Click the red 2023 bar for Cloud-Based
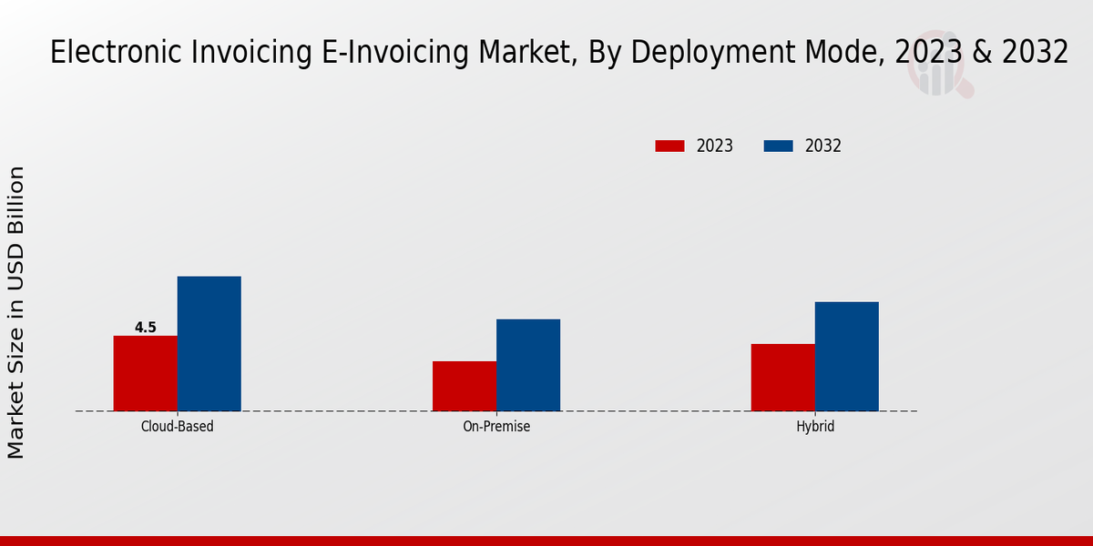pyautogui.click(x=145, y=373)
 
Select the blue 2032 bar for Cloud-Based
pyautogui.click(x=209, y=343)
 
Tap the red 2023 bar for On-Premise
pyautogui.click(x=465, y=386)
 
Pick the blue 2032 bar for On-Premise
pyautogui.click(x=528, y=365)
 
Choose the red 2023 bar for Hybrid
pyautogui.click(x=782, y=377)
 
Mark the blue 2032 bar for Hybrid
pyautogui.click(x=846, y=356)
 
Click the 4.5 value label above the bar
pyautogui.click(x=146, y=328)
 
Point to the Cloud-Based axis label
pyautogui.click(x=177, y=426)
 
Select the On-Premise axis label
pyautogui.click(x=496, y=426)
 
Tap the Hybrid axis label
pyautogui.click(x=814, y=426)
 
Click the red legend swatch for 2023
pyautogui.click(x=669, y=146)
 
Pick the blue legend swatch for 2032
pyautogui.click(x=778, y=146)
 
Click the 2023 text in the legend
pyautogui.click(x=715, y=146)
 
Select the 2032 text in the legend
pyautogui.click(x=823, y=146)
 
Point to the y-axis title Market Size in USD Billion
pyautogui.click(x=17, y=312)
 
